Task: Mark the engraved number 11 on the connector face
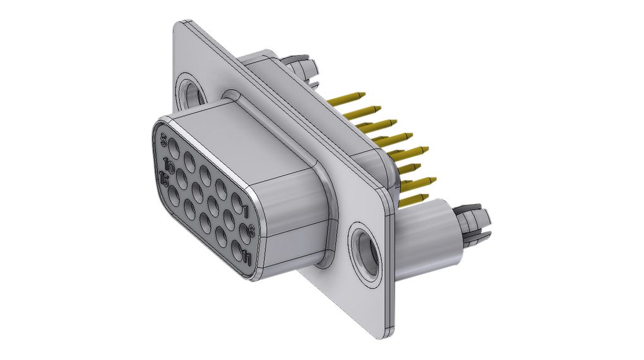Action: click(247, 257)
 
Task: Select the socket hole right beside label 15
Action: click(175, 196)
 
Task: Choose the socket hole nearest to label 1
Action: click(237, 205)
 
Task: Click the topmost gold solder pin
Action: click(347, 98)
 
